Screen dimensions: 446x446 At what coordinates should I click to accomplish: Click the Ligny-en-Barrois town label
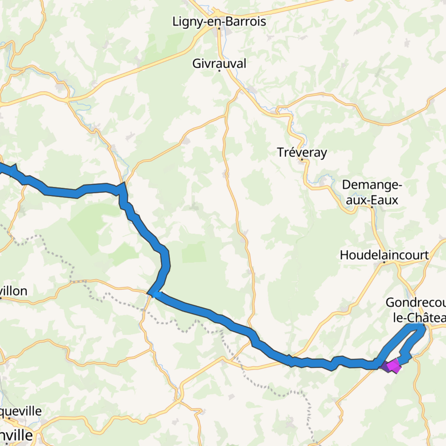click(x=219, y=22)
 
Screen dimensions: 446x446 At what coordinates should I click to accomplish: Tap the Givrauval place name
click(x=219, y=63)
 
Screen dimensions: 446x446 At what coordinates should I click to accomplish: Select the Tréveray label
click(x=302, y=152)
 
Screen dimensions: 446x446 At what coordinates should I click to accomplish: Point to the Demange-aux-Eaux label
click(x=372, y=192)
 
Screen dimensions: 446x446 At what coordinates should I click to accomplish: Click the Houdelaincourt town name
click(x=384, y=255)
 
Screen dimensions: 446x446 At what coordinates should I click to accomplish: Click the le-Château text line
click(x=419, y=318)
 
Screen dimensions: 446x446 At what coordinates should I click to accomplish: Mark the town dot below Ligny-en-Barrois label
click(x=219, y=29)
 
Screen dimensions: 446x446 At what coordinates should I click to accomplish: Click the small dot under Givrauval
click(x=219, y=71)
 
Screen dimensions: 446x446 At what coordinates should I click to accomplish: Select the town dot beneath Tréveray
click(x=302, y=160)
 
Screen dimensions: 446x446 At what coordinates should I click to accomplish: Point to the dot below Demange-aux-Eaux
click(x=372, y=207)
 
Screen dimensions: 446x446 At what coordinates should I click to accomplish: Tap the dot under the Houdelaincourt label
click(x=384, y=262)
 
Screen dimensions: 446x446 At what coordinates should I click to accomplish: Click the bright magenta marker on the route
click(x=393, y=366)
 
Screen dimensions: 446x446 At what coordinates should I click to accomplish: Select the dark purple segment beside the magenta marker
click(x=385, y=367)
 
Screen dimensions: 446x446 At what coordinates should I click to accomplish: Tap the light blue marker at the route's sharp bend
click(x=156, y=294)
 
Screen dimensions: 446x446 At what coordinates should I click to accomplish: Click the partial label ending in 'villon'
click(x=13, y=291)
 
